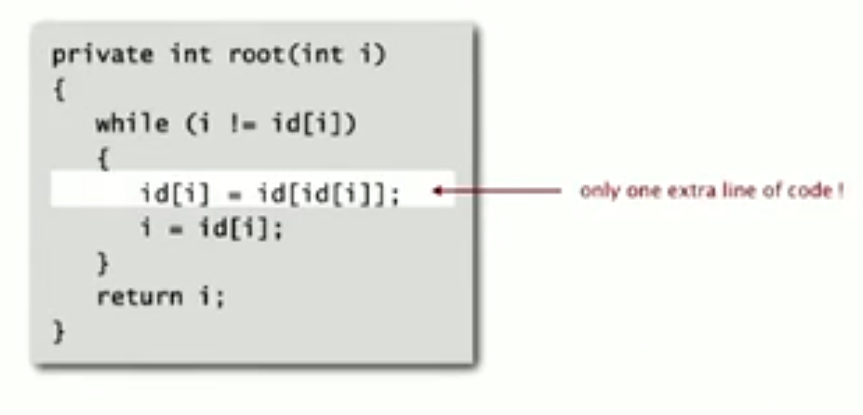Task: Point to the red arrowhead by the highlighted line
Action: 440,193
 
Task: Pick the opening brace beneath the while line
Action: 102,159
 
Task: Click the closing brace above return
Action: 102,263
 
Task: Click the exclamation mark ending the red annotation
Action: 840,192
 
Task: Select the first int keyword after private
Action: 190,55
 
